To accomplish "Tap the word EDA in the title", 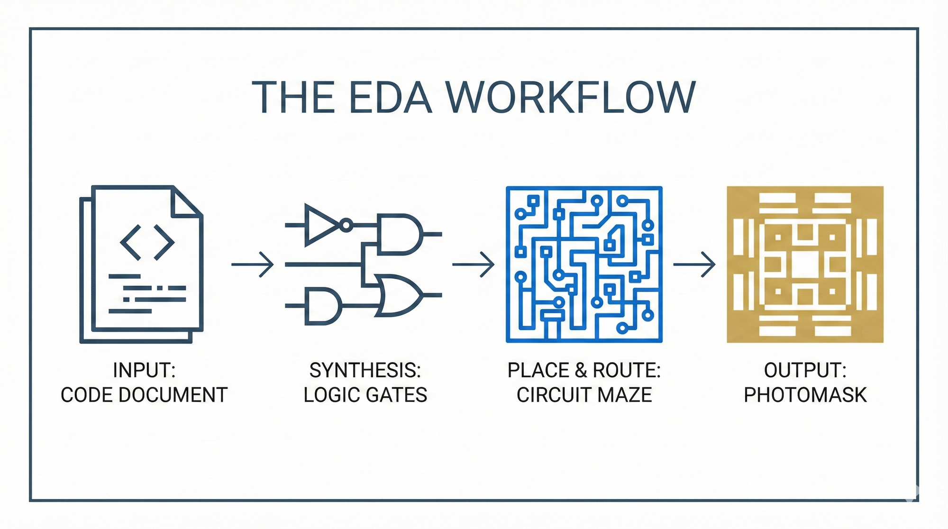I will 391,97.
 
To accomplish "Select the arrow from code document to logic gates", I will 253,264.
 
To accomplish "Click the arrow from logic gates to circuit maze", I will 474,264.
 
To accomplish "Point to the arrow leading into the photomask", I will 694,264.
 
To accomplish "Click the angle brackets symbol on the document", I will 147,243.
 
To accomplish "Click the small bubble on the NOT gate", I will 346,225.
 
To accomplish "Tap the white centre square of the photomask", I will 805,264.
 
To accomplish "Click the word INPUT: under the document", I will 144,370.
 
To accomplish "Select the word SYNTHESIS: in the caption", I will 365,370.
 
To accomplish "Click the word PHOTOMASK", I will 805,395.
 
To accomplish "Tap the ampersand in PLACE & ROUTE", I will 581,370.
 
